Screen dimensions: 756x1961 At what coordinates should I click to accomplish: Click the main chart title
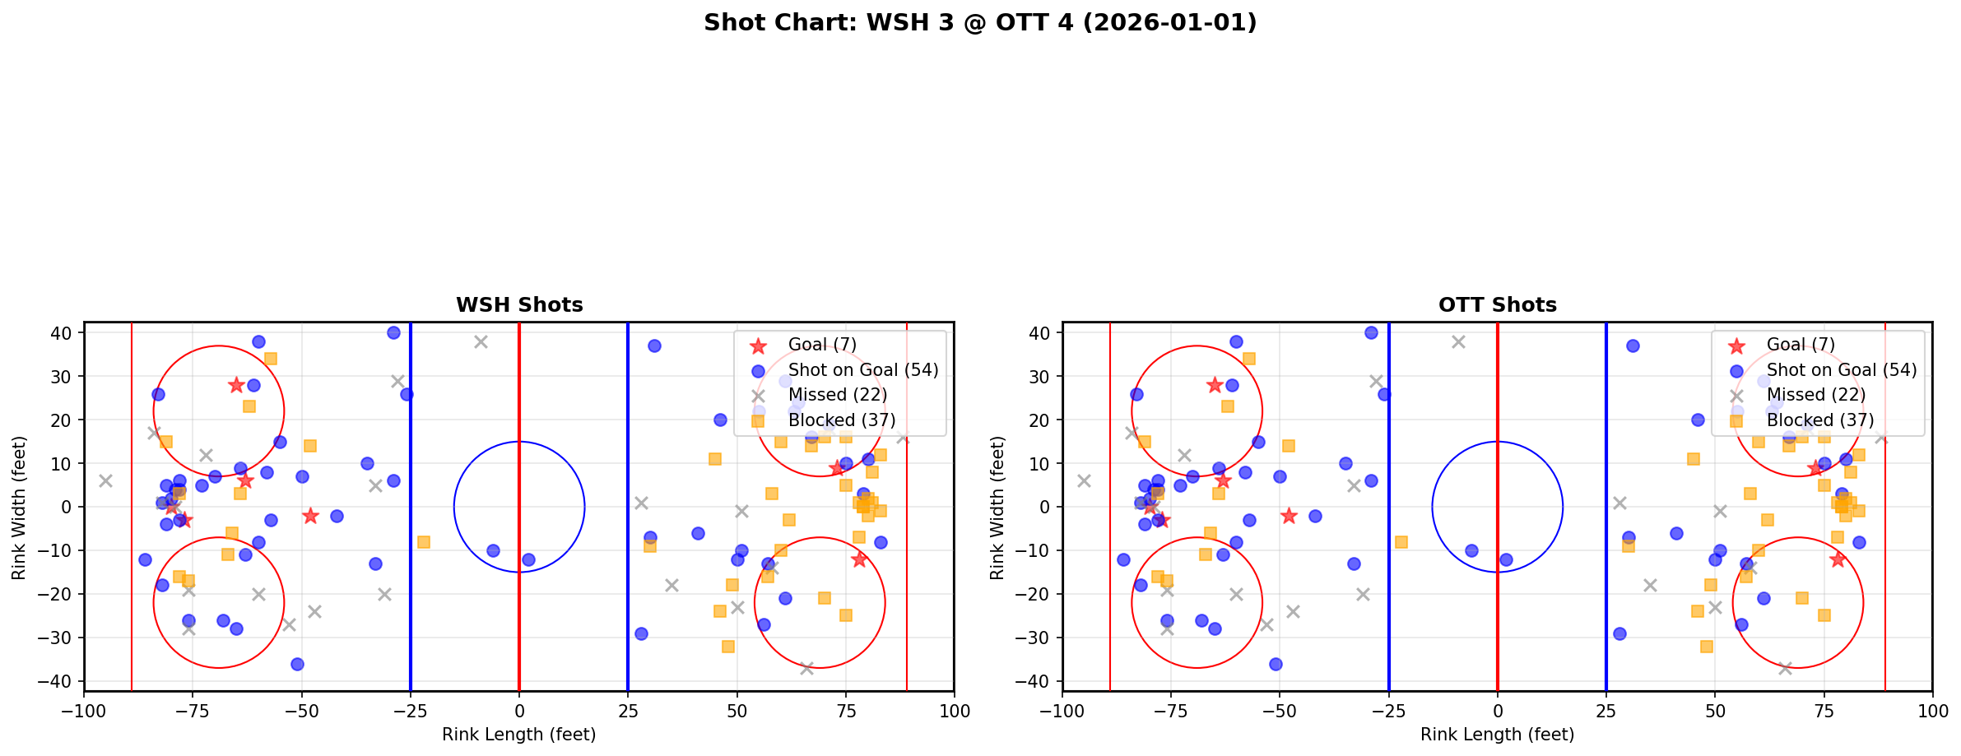pos(979,23)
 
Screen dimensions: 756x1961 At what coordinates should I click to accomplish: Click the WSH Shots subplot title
pos(519,305)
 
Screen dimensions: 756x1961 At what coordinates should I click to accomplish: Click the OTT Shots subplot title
pos(1497,305)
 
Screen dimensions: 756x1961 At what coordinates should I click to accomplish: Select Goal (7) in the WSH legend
pos(822,345)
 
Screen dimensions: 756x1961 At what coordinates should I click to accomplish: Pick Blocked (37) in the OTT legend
pos(1819,420)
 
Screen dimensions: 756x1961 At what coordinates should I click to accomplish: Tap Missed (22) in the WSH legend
pos(837,395)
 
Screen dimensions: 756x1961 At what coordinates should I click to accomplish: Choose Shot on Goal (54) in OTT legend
pos(1841,370)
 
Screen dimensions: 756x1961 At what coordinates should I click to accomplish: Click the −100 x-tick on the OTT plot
pos(1062,710)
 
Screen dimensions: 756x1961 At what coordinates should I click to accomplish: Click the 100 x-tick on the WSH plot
pos(954,710)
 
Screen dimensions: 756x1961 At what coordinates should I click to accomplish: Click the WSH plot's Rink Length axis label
pos(518,735)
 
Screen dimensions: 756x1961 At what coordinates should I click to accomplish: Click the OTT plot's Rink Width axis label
pos(997,508)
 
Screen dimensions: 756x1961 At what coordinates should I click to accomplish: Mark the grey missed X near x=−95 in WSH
pos(105,480)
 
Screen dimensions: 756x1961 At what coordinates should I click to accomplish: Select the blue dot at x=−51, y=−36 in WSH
pos(297,664)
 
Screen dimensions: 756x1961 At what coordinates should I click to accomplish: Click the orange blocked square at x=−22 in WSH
pos(423,542)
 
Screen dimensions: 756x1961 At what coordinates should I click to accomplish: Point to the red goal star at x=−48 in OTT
pos(1289,516)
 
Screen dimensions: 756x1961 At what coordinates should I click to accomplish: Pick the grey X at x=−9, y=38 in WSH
pos(481,341)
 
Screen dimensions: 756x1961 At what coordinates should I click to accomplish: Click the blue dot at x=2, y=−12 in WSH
pos(528,559)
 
